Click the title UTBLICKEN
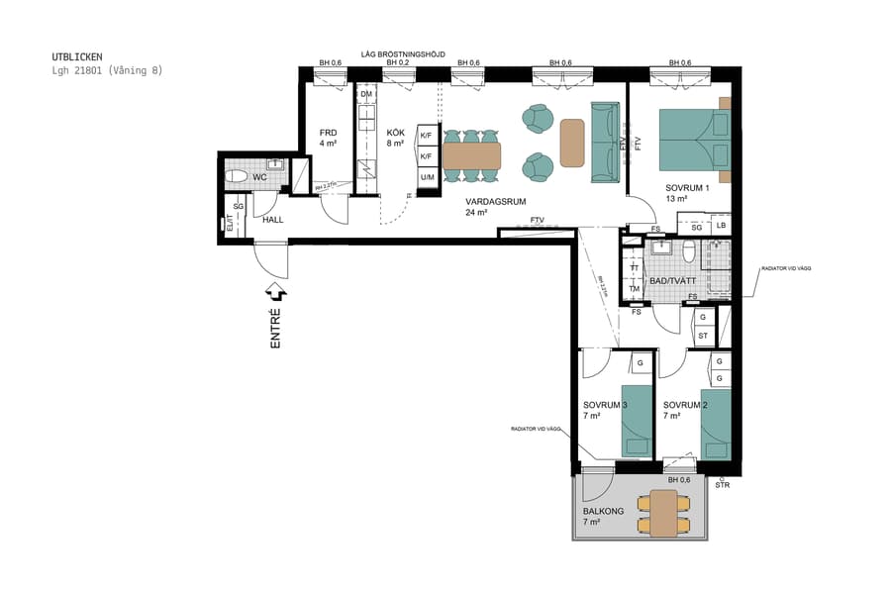click(77, 57)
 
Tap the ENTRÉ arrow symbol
click(277, 292)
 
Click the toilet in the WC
click(239, 178)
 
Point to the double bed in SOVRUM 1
click(694, 139)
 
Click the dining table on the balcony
click(658, 512)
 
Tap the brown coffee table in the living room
click(572, 143)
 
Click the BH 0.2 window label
click(398, 63)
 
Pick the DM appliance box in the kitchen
click(366, 95)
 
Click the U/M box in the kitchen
click(427, 177)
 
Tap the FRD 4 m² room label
click(329, 138)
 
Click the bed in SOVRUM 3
click(635, 419)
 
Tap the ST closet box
click(702, 336)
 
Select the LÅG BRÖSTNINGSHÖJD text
click(404, 53)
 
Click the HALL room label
click(273, 219)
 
